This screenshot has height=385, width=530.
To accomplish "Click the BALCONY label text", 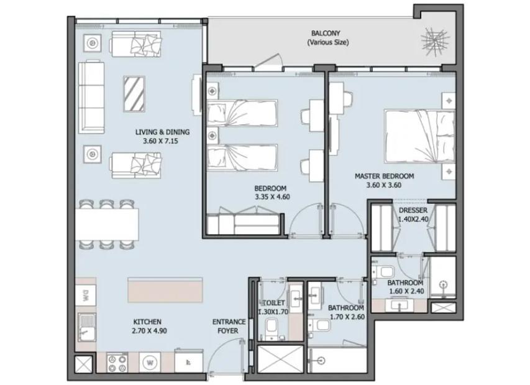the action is click(x=326, y=33).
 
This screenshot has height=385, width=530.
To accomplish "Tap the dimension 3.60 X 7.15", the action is click(x=160, y=141).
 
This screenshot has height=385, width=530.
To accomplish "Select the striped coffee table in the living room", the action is click(x=134, y=94).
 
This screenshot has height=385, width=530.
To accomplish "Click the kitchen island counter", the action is click(x=165, y=290).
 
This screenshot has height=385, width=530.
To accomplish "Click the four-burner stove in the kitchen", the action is click(x=117, y=363).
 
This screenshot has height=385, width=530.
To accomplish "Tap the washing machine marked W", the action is click(x=150, y=363).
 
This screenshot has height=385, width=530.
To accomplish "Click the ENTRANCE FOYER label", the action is click(x=229, y=326).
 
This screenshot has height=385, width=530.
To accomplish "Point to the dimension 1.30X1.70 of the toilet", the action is click(x=273, y=312).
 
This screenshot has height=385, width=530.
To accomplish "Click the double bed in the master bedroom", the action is click(x=419, y=136).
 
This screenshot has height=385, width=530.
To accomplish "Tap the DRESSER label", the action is click(x=413, y=210).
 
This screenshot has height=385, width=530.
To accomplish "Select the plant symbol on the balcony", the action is click(x=435, y=41).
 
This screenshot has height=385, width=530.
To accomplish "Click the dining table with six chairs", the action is click(x=106, y=225).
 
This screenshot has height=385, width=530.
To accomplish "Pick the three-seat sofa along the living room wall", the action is click(x=91, y=97).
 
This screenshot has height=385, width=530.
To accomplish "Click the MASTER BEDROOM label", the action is click(x=385, y=176).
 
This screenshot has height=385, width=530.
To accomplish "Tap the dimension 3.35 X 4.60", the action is click(x=272, y=197).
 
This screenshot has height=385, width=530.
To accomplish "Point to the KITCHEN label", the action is click(x=147, y=322).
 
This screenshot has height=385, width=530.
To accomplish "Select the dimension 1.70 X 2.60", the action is click(x=347, y=317).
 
